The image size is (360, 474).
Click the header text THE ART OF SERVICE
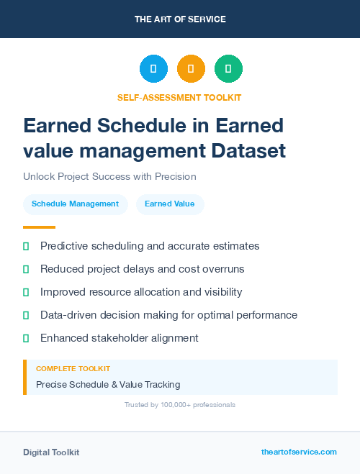tap(180, 19)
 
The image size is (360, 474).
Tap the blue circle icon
tap(153, 68)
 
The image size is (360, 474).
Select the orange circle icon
tap(191, 68)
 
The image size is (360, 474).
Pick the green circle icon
tap(228, 68)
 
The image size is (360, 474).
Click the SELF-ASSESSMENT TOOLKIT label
tap(179, 97)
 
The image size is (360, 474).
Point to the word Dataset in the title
tap(248, 151)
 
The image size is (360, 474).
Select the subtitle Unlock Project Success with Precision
tap(109, 176)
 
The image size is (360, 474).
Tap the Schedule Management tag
tap(75, 204)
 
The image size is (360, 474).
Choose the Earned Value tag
tap(169, 204)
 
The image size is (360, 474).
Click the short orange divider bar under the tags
tap(39, 227)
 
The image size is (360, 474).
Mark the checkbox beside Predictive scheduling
tap(26, 246)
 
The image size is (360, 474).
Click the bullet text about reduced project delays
tap(142, 269)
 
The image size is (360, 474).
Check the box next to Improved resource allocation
tap(26, 292)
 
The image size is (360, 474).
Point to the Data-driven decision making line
tap(168, 315)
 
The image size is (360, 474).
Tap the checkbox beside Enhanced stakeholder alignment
tap(26, 338)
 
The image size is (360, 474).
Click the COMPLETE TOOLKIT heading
tap(73, 369)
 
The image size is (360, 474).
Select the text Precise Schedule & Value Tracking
tap(108, 385)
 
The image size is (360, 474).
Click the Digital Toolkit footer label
tap(51, 452)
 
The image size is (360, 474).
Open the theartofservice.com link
tap(299, 452)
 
